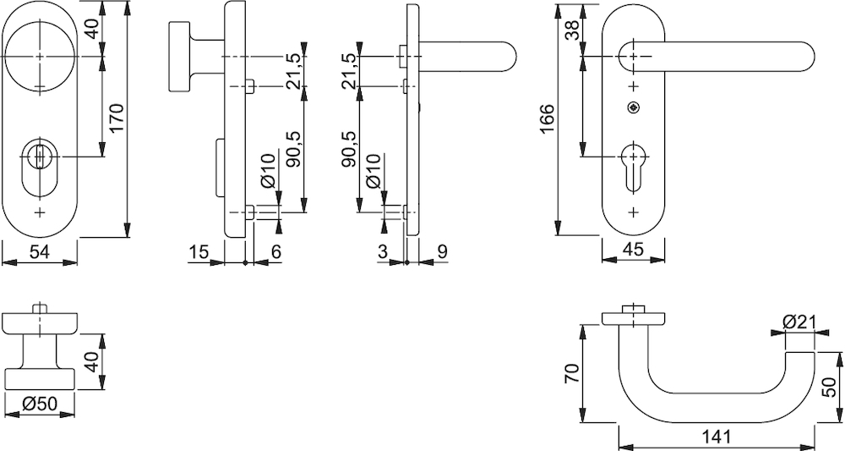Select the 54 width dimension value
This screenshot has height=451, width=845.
click(x=41, y=251)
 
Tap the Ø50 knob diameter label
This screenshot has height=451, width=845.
click(x=40, y=404)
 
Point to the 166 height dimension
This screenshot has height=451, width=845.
click(x=548, y=121)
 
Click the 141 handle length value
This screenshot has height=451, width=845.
click(x=715, y=437)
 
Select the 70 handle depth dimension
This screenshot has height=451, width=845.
click(x=572, y=372)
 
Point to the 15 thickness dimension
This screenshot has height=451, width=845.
click(x=199, y=251)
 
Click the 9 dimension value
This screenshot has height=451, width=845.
click(x=443, y=251)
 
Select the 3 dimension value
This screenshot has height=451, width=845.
click(x=383, y=251)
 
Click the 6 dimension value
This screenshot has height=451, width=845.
click(x=275, y=251)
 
